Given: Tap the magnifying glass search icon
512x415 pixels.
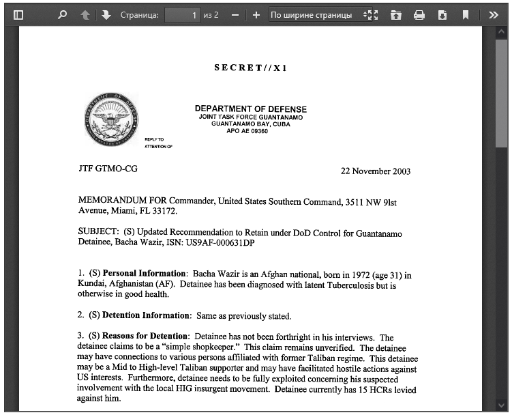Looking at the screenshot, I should tap(63, 14).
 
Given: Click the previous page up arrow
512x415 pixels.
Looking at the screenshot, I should tap(85, 14).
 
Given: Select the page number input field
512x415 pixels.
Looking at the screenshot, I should tap(182, 14).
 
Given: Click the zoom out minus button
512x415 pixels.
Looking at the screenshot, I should tap(235, 14).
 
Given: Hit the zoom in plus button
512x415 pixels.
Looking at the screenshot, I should tap(256, 14).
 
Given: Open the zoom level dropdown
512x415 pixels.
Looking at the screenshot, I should tap(320, 14).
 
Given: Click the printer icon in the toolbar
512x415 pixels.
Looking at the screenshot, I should tap(419, 14).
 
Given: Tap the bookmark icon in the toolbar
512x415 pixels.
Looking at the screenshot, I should tap(466, 14).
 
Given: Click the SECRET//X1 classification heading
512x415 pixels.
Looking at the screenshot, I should tap(250, 68).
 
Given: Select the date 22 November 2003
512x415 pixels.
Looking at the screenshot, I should tap(376, 171).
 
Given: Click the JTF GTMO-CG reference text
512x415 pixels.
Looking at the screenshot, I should tap(108, 168).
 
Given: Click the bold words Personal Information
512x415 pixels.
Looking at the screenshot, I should tap(144, 274).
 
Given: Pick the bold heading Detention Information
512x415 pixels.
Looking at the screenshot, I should tap(146, 315).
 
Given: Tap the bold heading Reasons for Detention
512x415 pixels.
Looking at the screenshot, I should tap(145, 337).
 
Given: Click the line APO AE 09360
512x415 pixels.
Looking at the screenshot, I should tap(247, 131).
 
